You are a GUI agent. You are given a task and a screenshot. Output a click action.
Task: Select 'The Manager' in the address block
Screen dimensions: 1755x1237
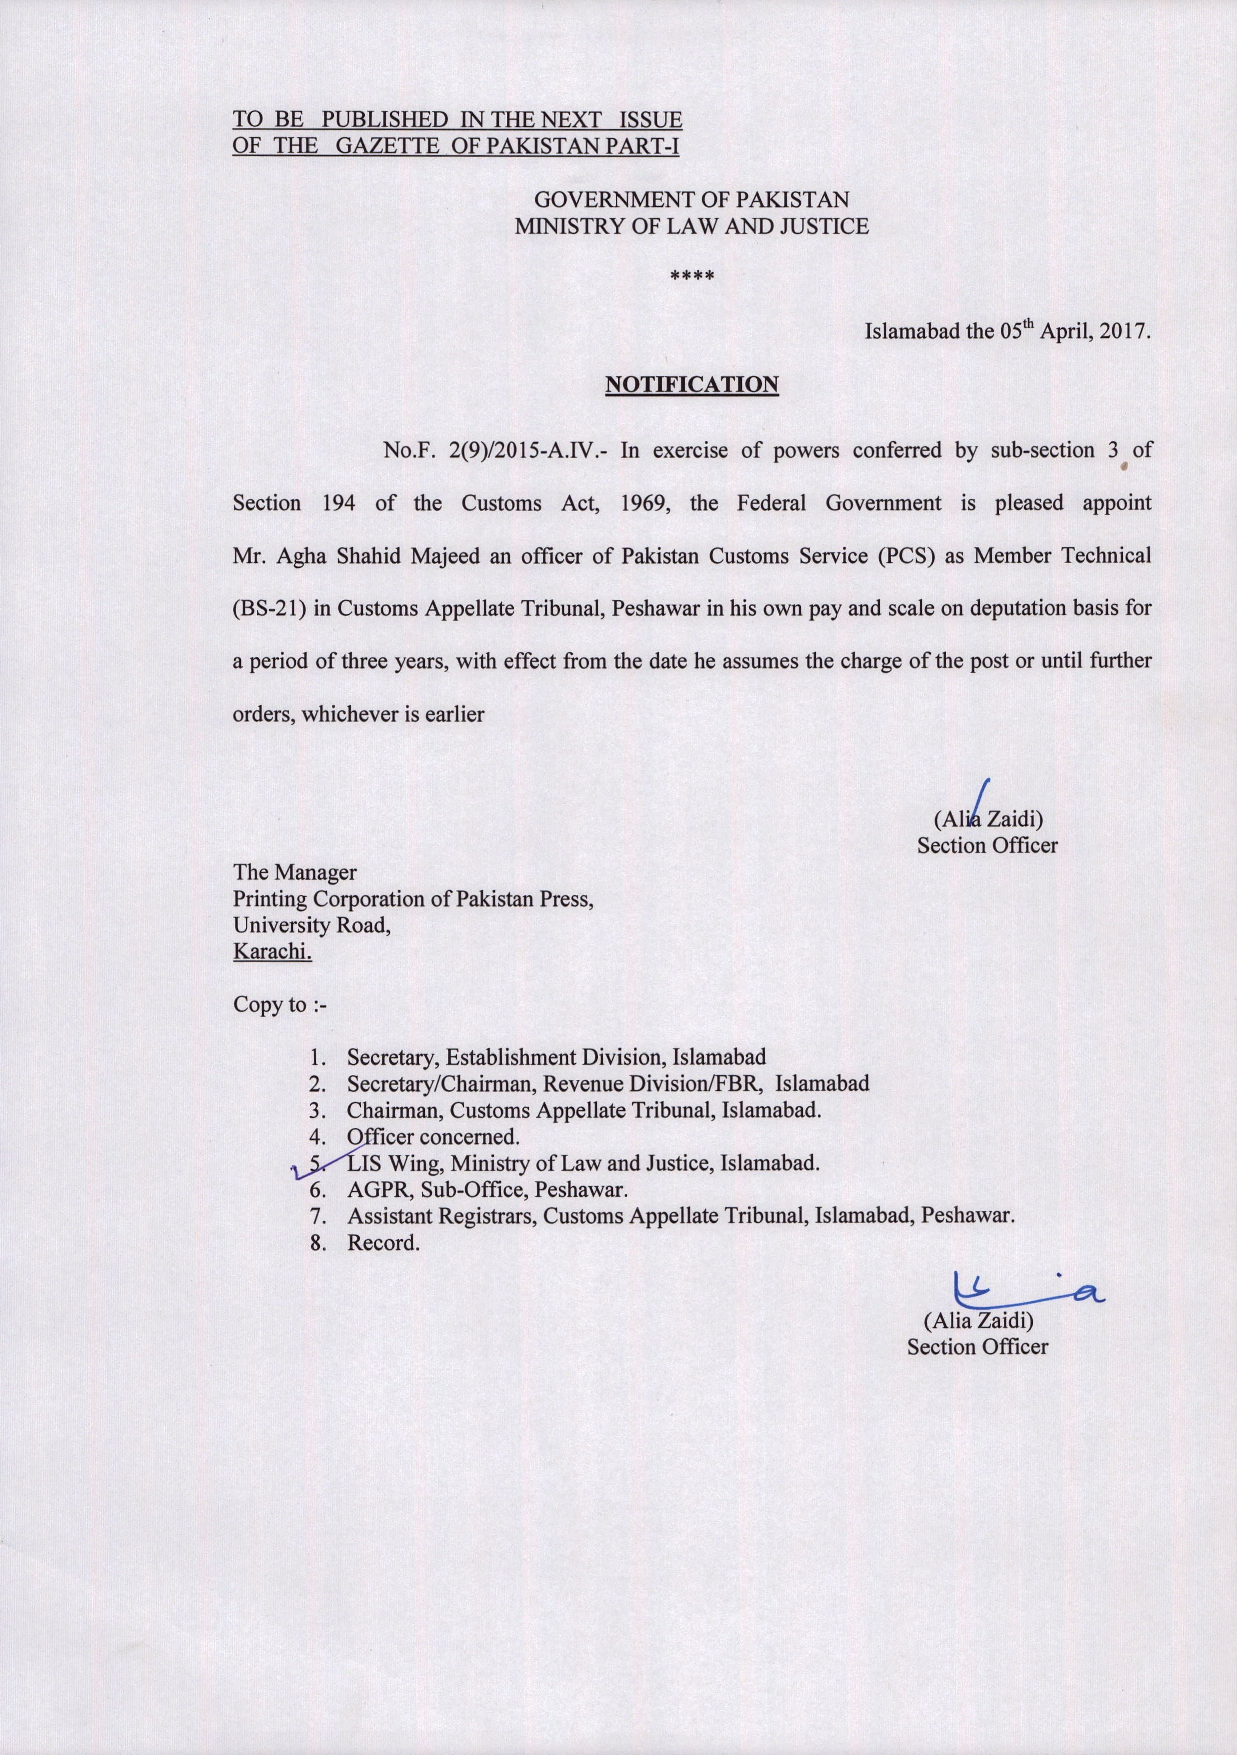coord(294,872)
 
